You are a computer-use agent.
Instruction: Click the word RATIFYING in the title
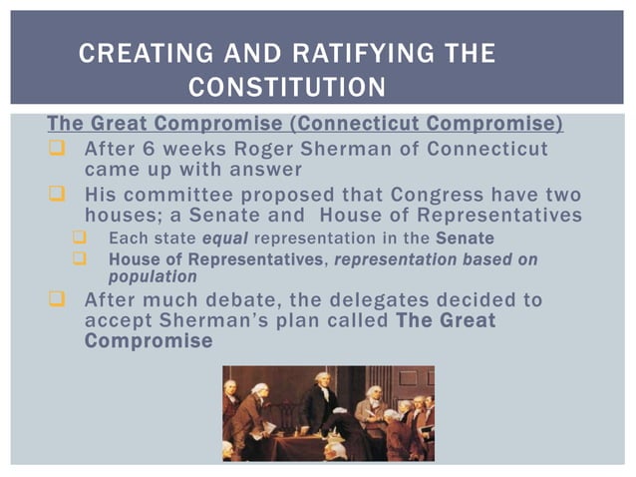380,54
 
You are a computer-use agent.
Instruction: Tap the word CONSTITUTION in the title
287,88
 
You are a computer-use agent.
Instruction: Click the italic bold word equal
225,238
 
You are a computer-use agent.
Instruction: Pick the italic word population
153,276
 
